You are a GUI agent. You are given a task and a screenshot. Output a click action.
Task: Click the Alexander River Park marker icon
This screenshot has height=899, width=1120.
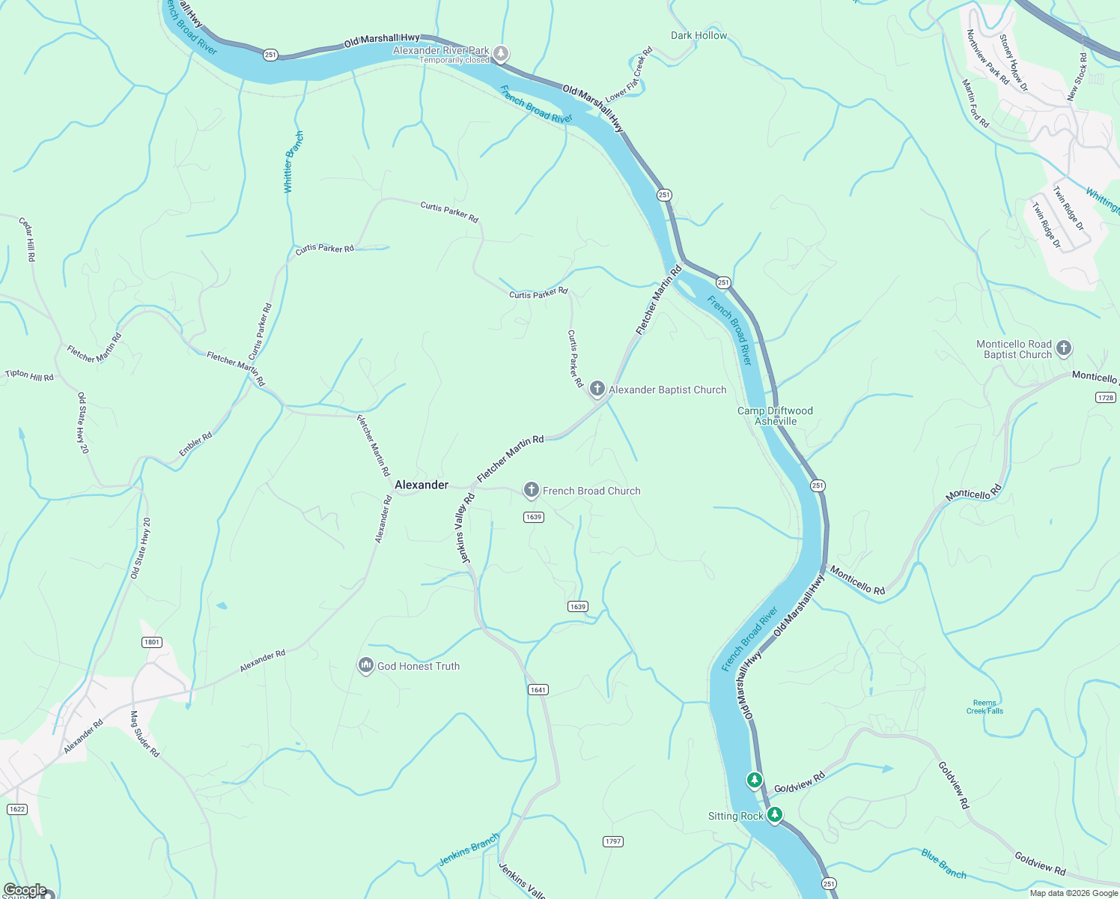[501, 53]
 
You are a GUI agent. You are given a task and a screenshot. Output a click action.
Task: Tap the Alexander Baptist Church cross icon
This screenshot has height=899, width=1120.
[597, 388]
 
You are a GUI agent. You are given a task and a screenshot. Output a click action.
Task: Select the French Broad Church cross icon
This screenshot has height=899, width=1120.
[531, 490]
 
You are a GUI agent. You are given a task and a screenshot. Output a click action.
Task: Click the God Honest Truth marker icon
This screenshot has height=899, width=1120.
[366, 665]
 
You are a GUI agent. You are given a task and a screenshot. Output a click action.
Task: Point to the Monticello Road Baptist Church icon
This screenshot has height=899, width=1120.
[1064, 348]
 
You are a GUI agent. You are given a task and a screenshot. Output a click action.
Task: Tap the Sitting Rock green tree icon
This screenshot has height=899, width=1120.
[775, 814]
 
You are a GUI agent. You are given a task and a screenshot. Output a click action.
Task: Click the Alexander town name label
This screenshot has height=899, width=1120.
[421, 485]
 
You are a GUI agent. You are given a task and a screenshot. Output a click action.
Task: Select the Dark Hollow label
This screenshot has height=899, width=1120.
[699, 35]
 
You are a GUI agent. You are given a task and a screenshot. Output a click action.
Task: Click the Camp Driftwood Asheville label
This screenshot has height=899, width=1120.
[775, 416]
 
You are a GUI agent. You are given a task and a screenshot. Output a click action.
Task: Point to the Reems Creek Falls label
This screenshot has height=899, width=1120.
[984, 707]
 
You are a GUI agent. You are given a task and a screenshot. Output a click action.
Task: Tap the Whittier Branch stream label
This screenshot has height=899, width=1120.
[293, 162]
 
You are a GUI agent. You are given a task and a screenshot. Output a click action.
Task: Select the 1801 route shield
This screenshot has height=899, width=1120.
[152, 642]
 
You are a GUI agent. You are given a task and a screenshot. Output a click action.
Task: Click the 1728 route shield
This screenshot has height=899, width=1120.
[1105, 397]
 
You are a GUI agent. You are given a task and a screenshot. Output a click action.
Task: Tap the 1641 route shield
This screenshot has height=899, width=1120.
[538, 689]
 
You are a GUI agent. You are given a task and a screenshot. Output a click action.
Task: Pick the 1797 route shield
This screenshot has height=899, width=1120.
[612, 841]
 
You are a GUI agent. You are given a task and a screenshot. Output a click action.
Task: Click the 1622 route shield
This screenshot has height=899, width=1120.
[16, 809]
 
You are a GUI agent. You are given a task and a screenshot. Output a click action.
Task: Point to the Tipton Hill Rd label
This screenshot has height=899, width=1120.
[30, 375]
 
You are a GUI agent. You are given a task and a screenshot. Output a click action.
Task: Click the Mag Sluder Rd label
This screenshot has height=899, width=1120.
[144, 734]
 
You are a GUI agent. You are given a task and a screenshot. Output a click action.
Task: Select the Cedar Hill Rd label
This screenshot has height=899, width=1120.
[27, 240]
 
